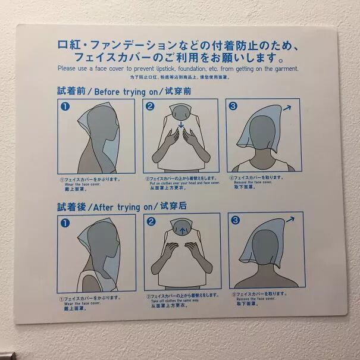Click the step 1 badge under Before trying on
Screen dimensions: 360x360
tap(65, 107)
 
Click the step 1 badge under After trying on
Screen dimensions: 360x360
tap(65, 223)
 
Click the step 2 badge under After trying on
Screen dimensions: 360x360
tap(151, 222)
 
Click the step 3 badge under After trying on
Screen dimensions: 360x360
tap(236, 221)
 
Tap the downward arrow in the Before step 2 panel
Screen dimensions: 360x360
tap(180, 126)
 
